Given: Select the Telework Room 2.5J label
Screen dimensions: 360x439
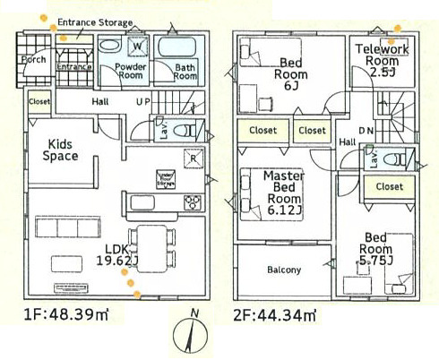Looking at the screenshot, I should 382,58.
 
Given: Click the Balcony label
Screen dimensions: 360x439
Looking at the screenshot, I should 284,270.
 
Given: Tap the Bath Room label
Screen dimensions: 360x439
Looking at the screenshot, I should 184,71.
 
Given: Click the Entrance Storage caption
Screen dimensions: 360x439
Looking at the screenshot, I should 95,21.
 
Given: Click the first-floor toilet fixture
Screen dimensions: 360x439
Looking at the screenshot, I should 186,131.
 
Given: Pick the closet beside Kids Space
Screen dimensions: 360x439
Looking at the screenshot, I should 39,102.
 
